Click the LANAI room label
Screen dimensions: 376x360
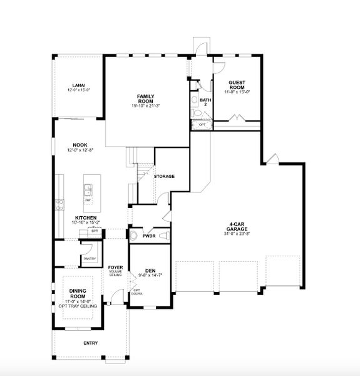(78, 85)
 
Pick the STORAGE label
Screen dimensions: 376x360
(164, 176)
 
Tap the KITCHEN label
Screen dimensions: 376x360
(86, 218)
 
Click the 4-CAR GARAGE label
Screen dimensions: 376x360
(240, 227)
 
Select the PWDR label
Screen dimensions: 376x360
(149, 236)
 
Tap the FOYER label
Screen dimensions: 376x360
(115, 267)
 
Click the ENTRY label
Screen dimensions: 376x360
(90, 343)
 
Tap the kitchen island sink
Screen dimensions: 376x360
(88, 189)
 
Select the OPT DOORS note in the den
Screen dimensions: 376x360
(135, 292)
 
